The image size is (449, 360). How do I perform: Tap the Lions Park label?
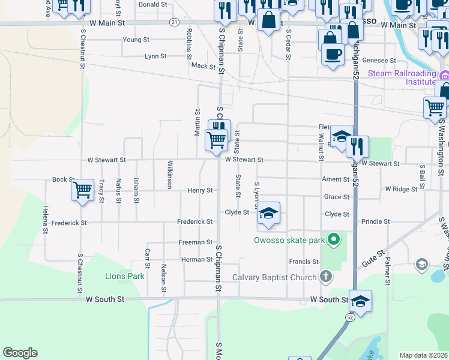(x=125, y=276)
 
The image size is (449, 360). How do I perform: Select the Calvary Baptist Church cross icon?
(x=325, y=277)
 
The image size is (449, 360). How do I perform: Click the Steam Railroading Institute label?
(x=402, y=77)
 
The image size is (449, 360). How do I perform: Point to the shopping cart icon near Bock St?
(x=82, y=190)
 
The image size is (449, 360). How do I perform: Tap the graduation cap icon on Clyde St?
(x=269, y=213)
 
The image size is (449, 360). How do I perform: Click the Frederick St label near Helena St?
(x=69, y=223)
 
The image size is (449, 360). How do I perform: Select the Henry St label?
(x=200, y=190)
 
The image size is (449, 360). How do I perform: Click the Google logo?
(x=20, y=353)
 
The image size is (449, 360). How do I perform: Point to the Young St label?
(x=136, y=40)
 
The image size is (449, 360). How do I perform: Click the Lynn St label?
(x=155, y=56)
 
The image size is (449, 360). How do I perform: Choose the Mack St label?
(x=203, y=66)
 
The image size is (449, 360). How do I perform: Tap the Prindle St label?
(x=376, y=221)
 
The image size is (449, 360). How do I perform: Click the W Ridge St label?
(x=401, y=189)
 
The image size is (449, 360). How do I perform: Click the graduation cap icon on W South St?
(x=360, y=300)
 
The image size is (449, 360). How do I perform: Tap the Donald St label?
(x=152, y=4)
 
